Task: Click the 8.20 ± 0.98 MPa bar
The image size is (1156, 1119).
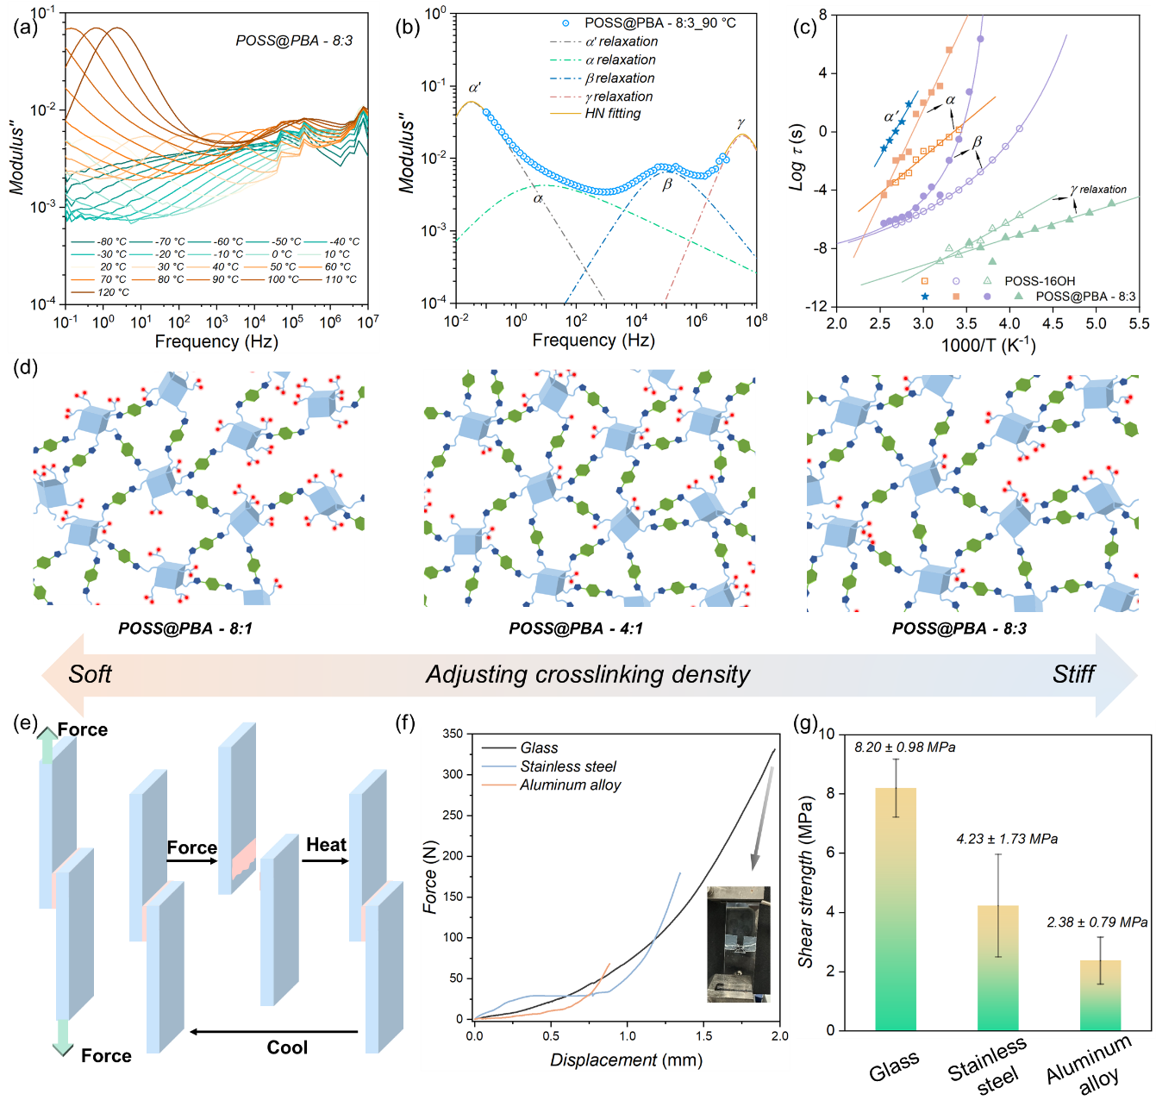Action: [896, 909]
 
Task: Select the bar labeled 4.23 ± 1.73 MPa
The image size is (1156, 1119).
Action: [997, 967]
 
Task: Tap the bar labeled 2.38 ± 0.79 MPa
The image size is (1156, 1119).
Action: [1100, 995]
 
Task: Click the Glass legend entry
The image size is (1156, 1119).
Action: [539, 748]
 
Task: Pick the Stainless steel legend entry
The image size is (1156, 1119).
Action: [568, 766]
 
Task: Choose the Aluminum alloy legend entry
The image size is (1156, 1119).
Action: [570, 785]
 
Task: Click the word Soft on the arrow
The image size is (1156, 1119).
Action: [90, 674]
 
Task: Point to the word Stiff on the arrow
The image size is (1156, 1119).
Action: [1073, 674]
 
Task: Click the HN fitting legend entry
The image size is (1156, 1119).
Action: [612, 114]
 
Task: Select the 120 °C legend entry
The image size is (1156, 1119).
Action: [113, 292]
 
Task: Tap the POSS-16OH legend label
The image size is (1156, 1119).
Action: [1040, 281]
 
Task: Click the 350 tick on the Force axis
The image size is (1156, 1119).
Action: [453, 734]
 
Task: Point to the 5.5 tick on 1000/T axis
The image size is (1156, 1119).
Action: [1139, 324]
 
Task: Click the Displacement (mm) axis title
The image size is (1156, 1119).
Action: [626, 1060]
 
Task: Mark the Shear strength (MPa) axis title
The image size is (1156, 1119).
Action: [806, 881]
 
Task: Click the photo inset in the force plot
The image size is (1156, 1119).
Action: [738, 944]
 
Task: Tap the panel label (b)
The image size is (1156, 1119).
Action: [407, 27]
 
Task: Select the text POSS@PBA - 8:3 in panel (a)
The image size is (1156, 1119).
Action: [294, 41]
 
